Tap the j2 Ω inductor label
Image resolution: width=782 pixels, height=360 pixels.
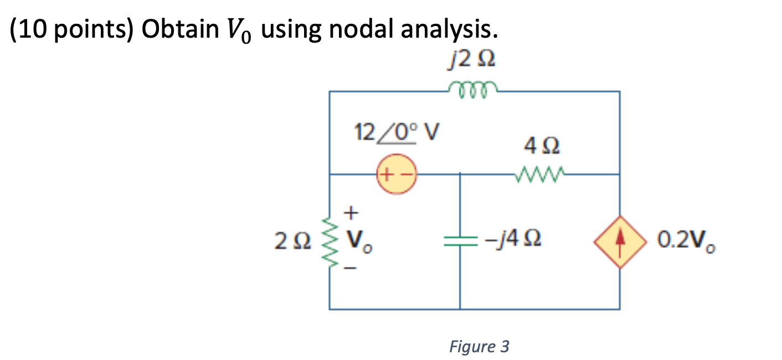(x=470, y=59)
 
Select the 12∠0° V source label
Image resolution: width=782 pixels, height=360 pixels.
(x=394, y=132)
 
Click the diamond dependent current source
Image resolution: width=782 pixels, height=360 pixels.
(x=619, y=242)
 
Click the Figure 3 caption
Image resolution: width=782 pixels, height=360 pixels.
(x=479, y=347)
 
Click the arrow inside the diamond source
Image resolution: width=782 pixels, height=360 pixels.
(x=619, y=242)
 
